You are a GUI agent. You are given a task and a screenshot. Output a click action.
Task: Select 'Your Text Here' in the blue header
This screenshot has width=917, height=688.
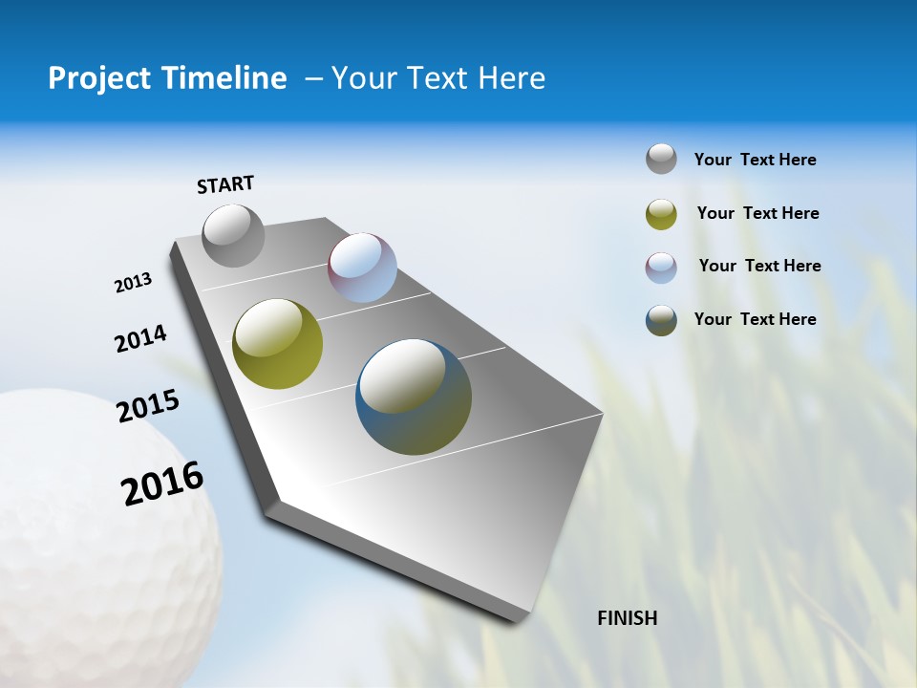click(x=438, y=78)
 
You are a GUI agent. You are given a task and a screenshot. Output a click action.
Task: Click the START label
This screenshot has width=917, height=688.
click(x=225, y=184)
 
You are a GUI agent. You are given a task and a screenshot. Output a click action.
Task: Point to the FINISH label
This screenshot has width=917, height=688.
click(x=628, y=618)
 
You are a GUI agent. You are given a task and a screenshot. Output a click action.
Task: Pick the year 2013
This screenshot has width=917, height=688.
click(x=133, y=283)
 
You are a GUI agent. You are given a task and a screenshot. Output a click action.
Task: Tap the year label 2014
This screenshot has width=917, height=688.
click(x=140, y=339)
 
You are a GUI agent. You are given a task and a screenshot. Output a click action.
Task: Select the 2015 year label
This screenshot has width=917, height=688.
click(x=148, y=407)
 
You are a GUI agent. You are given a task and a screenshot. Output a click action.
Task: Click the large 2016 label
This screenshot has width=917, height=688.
click(x=162, y=484)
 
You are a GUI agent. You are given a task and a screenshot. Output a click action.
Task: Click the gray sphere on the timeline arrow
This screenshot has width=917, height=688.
click(x=234, y=235)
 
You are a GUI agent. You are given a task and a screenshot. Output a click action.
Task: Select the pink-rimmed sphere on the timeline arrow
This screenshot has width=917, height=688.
click(x=362, y=267)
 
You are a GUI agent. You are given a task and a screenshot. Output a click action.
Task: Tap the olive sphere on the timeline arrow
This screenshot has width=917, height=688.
click(x=278, y=344)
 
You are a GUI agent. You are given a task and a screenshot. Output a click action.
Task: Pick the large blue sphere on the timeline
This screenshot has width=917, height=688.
click(x=414, y=397)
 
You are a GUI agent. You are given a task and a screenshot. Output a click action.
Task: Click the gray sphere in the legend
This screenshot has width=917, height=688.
click(x=661, y=159)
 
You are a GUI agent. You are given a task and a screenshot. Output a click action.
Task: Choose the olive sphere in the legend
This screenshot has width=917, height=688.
click(x=661, y=214)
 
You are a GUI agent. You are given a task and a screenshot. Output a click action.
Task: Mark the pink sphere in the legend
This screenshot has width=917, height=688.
click(x=661, y=268)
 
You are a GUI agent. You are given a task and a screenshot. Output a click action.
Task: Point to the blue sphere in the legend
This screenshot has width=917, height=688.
click(x=661, y=320)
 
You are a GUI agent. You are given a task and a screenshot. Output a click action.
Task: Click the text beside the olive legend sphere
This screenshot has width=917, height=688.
click(x=757, y=213)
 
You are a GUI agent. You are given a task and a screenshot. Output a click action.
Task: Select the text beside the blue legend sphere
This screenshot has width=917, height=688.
click(x=755, y=319)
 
